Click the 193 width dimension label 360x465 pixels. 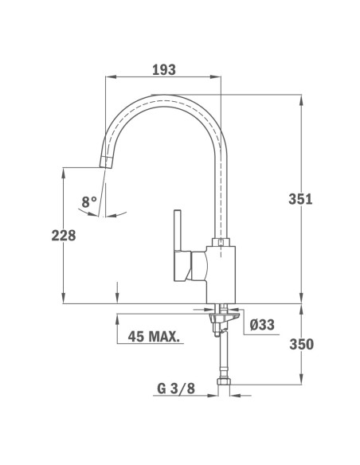coord(163,69)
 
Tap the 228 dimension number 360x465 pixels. coord(64,236)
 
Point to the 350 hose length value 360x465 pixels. coord(323,345)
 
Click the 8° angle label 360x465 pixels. coord(89,202)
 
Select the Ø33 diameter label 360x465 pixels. coord(262,325)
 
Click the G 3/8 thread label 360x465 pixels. coord(174,389)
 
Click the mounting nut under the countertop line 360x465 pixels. coord(223,318)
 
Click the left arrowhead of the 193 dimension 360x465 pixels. coord(110,77)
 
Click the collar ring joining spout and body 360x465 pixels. coord(222,242)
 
